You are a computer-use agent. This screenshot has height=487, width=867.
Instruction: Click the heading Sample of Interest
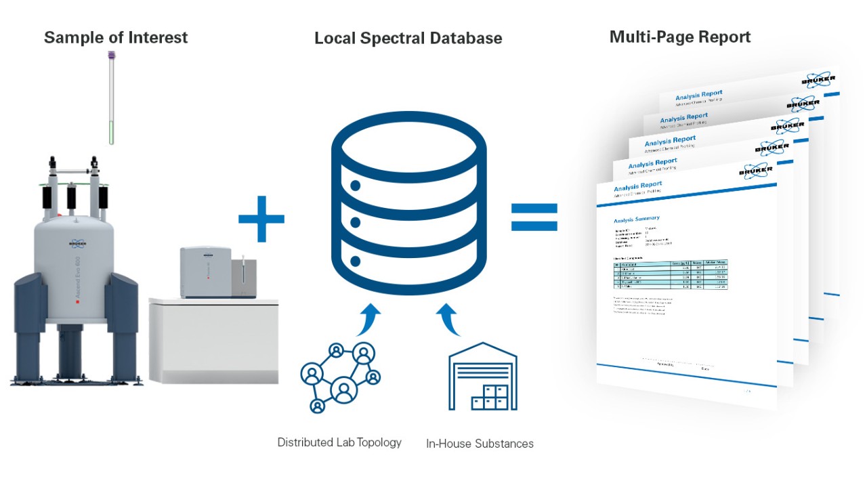(116, 37)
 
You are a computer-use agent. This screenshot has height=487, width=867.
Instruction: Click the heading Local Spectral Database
(408, 39)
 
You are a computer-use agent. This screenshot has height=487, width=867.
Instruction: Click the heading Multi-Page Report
(679, 37)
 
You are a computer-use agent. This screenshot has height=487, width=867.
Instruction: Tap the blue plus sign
(261, 217)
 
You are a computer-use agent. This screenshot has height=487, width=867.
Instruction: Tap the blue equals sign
(534, 217)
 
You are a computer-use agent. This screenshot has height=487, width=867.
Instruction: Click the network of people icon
(339, 377)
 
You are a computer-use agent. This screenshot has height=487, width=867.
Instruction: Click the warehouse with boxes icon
(483, 380)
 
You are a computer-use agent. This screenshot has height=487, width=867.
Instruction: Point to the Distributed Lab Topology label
(339, 442)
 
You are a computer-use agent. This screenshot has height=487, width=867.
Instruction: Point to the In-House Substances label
(480, 444)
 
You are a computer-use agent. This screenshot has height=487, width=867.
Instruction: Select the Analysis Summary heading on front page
(636, 219)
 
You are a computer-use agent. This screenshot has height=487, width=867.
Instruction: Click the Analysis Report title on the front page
(638, 185)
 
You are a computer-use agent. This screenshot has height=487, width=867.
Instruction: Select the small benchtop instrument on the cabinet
(211, 272)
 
